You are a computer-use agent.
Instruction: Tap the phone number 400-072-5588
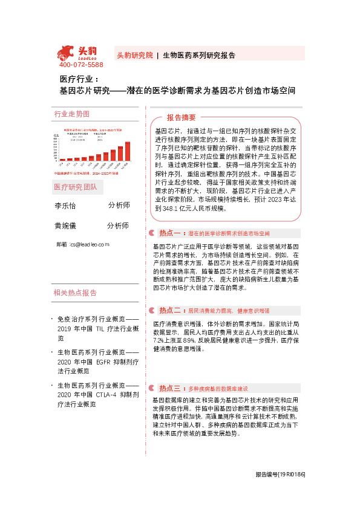point(81,65)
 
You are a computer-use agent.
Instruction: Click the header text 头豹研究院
point(134,54)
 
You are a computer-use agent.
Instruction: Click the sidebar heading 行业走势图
point(71,114)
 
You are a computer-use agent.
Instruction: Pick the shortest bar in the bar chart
point(62,160)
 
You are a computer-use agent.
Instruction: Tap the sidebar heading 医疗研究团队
point(75,187)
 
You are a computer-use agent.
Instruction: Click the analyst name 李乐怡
point(65,206)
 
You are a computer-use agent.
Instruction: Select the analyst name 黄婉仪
point(65,225)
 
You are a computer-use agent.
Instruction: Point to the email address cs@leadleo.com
point(89,244)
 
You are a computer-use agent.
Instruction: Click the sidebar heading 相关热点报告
point(75,293)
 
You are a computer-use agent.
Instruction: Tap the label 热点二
point(170,310)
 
